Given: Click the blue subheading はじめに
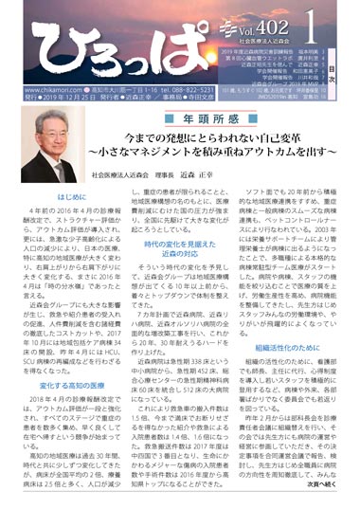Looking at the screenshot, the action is click(46, 197).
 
